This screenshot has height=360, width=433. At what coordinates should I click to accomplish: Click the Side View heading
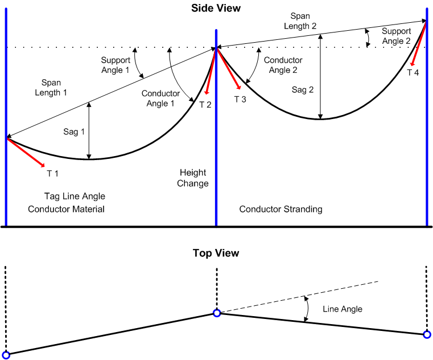point(216,8)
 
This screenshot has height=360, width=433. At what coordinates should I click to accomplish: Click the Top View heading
point(216,253)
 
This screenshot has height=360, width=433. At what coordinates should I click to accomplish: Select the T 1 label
point(52,173)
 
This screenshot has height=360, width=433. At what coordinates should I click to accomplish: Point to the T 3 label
point(240,99)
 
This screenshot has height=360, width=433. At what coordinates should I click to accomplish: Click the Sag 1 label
point(74,132)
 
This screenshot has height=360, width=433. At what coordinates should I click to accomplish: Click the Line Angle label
point(343,309)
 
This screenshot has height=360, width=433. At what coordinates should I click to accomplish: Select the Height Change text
point(193,178)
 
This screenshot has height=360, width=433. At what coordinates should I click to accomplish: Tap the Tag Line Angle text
point(75,196)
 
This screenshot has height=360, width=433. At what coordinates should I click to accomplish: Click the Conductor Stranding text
point(281,209)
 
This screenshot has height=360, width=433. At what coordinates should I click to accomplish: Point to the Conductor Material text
point(66,209)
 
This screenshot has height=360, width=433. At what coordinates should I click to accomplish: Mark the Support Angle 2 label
point(396,36)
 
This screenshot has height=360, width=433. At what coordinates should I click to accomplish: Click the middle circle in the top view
point(217,313)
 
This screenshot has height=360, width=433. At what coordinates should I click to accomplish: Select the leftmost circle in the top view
point(6,355)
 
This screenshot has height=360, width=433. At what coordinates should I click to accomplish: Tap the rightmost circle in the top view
point(427,334)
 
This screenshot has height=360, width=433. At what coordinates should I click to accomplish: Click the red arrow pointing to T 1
point(26,152)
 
